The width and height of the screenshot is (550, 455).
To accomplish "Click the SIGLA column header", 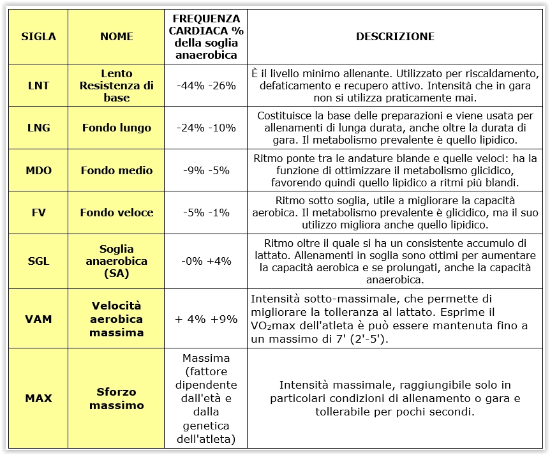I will (38, 36).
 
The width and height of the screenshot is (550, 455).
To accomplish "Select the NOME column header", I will (117, 36).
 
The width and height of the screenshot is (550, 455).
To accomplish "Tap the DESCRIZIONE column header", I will (395, 36).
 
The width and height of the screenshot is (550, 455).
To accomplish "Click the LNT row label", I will (38, 86).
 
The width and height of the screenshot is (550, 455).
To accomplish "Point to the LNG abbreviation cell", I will (38, 128).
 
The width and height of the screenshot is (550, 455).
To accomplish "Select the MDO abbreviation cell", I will (38, 170).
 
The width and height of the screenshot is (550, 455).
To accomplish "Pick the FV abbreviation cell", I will (38, 213).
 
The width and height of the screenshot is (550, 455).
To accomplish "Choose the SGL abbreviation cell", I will (38, 261).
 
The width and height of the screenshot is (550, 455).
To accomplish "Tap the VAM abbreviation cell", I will (38, 318).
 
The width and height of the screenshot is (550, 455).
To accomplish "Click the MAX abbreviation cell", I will (38, 398).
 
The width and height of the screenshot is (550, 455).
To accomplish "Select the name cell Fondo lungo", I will (117, 128).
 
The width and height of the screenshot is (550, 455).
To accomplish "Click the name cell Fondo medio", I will (117, 170).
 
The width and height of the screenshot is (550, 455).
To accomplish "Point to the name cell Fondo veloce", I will (117, 213).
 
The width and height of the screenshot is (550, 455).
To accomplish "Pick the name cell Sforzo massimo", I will (117, 398).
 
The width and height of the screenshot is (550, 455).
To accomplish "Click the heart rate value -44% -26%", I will (206, 86).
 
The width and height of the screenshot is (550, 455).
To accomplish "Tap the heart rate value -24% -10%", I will (206, 128).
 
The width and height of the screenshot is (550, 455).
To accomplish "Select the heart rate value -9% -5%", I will (206, 170).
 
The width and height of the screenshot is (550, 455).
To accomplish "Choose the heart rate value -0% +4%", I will (206, 261).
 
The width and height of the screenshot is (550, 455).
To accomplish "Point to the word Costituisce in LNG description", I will (285, 116).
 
